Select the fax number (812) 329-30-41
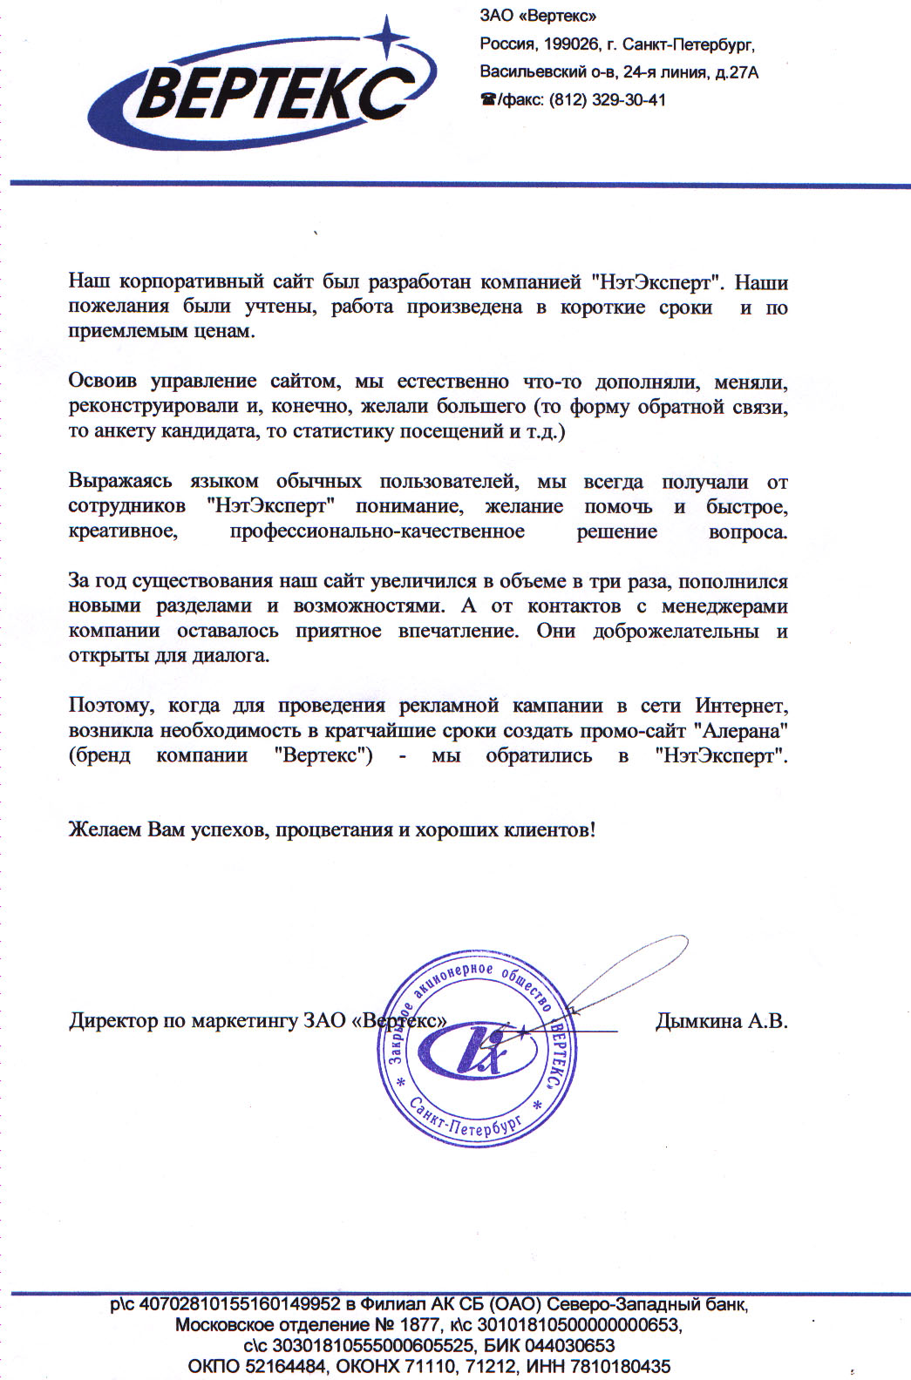607,100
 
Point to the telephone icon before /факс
487,100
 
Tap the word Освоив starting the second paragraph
103,382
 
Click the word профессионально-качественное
377,531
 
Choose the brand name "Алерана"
741,730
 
